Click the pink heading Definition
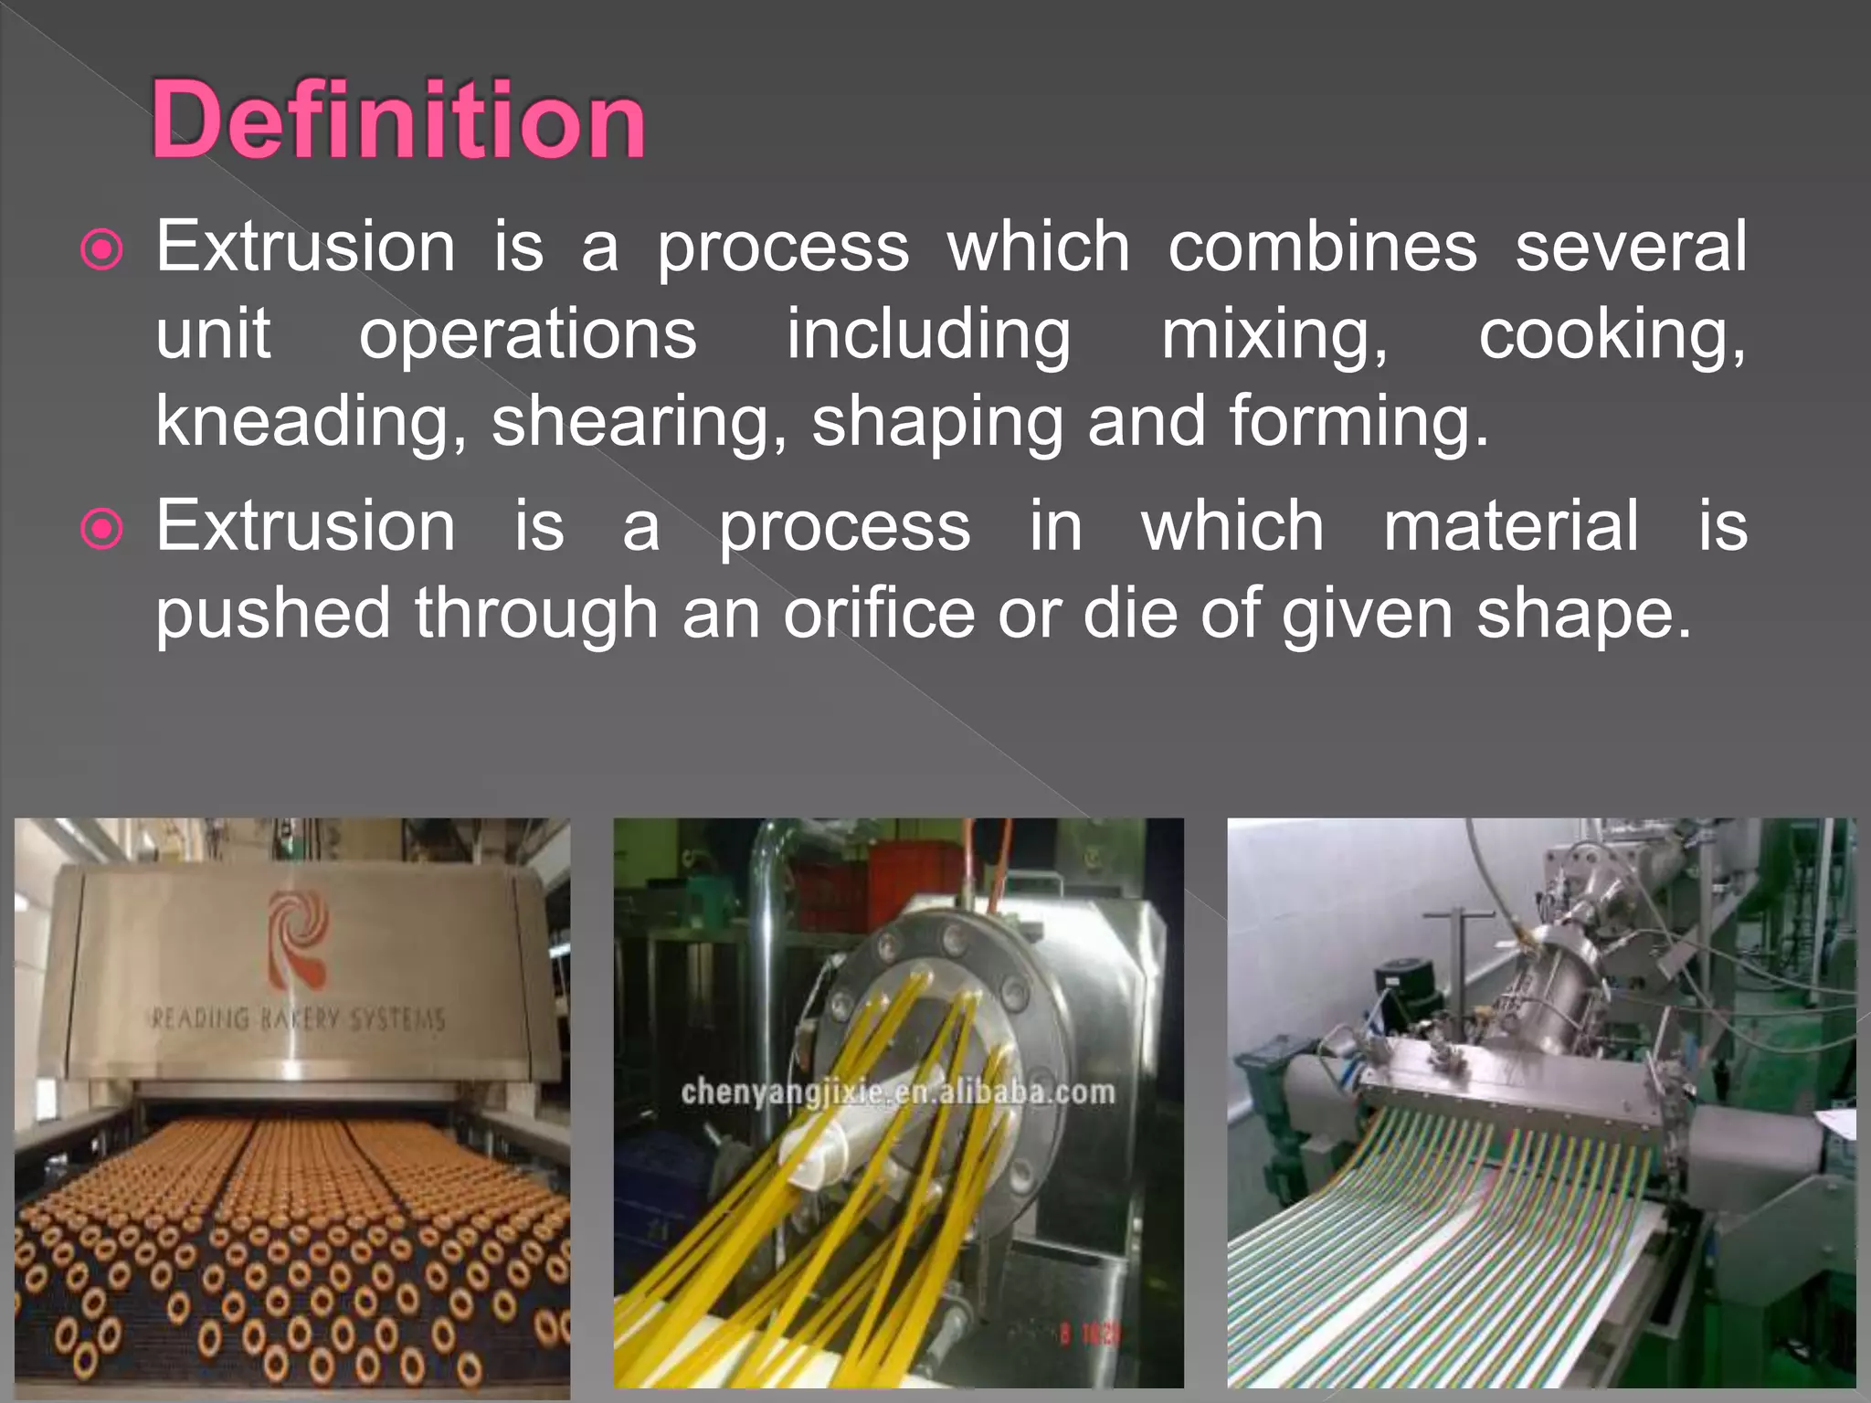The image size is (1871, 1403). pyautogui.click(x=398, y=121)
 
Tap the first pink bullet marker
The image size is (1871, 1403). pyautogui.click(x=102, y=249)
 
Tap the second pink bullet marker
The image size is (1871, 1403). pyautogui.click(x=102, y=529)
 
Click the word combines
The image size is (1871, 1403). pyautogui.click(x=1322, y=247)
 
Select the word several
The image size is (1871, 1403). pyautogui.click(x=1631, y=247)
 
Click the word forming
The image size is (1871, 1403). pyautogui.click(x=1358, y=421)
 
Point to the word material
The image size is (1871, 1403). pyautogui.click(x=1511, y=526)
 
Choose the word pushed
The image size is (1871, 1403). pyautogui.click(x=274, y=613)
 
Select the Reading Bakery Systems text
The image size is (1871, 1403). pyautogui.click(x=298, y=1018)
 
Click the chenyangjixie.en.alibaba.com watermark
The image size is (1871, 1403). pyautogui.click(x=898, y=1092)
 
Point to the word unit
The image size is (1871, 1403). pyautogui.click(x=213, y=334)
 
